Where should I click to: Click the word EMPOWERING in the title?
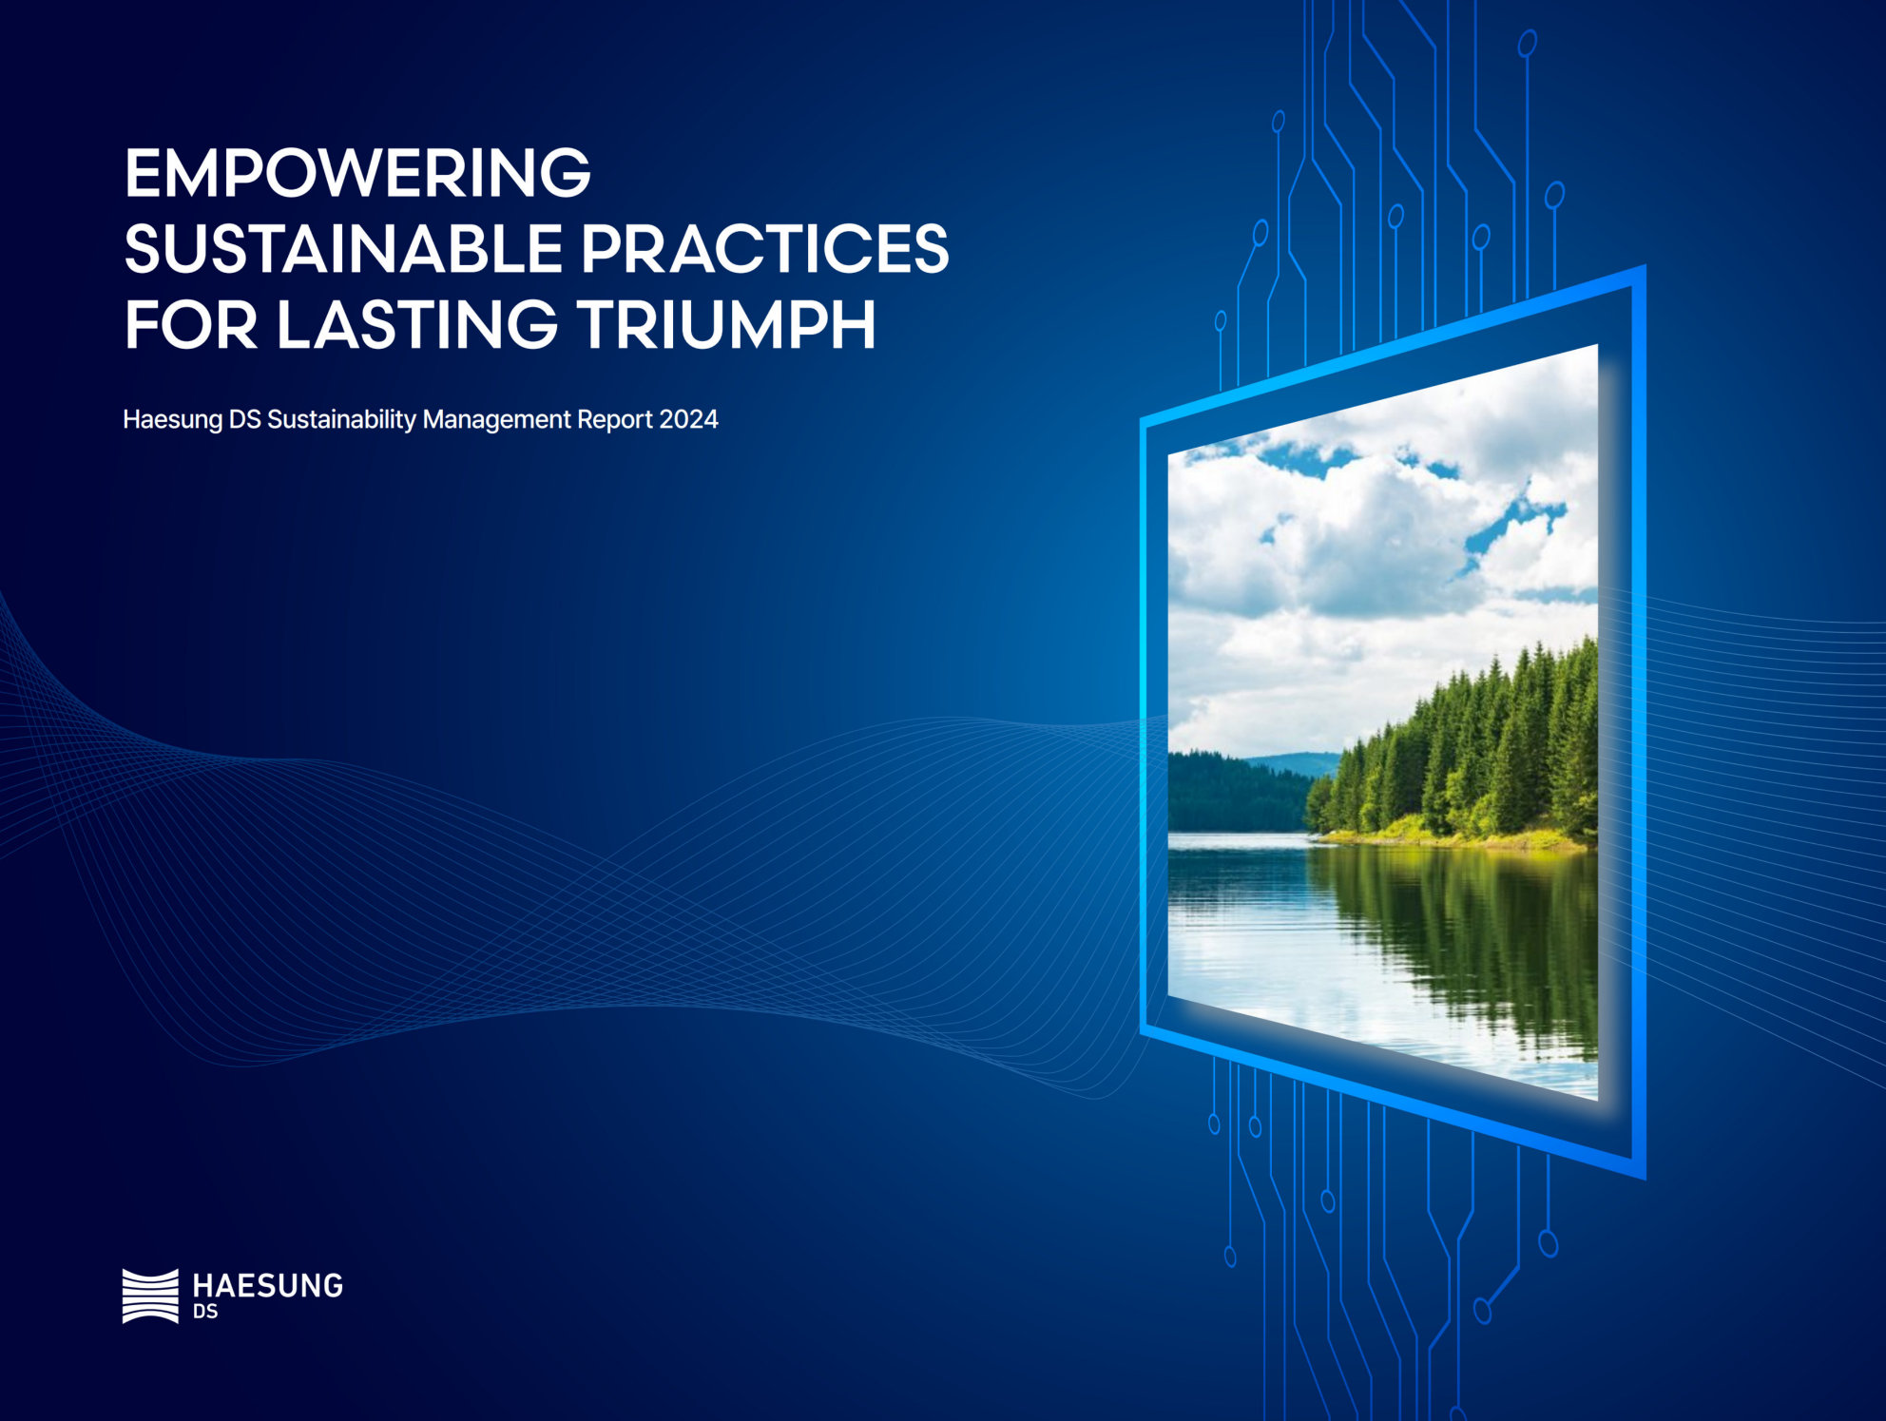[357, 173]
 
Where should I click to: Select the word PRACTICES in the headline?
[764, 249]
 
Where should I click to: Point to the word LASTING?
[416, 325]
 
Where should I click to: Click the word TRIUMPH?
[726, 325]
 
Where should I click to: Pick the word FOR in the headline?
[191, 325]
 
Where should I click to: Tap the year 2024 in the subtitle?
[688, 419]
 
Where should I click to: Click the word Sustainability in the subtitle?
[341, 420]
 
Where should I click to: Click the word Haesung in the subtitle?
[173, 420]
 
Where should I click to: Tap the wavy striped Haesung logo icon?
[150, 1296]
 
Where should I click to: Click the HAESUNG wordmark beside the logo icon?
[267, 1286]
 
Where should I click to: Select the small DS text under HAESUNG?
[205, 1312]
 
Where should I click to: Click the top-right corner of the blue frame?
[1645, 266]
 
